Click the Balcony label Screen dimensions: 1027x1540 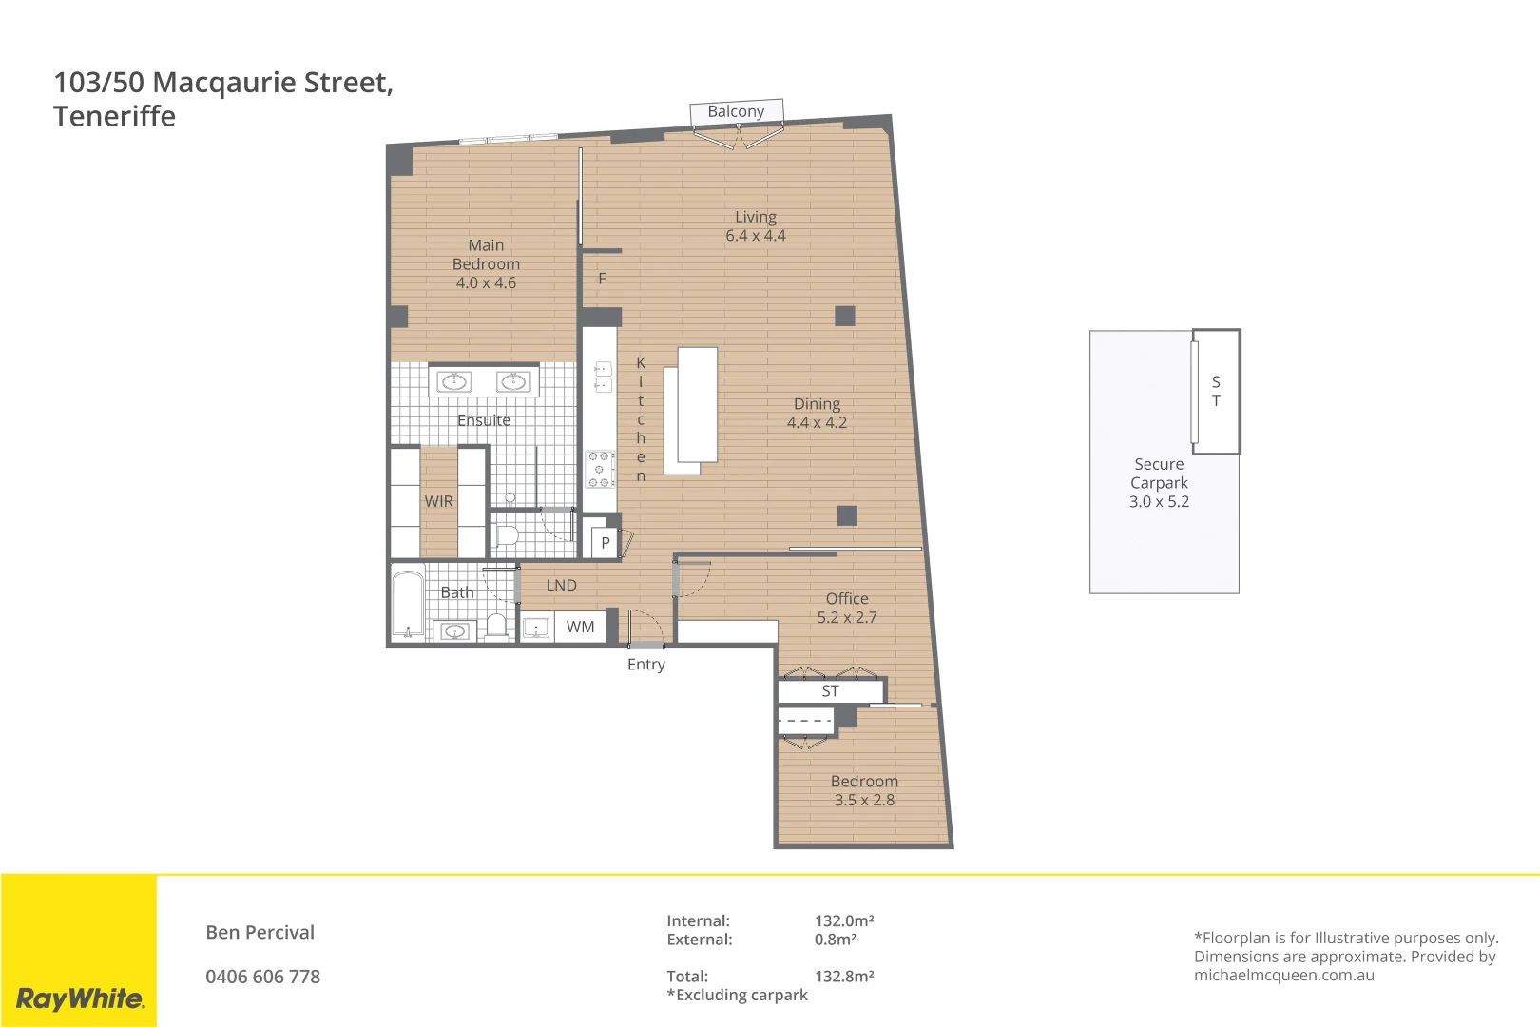coord(736,111)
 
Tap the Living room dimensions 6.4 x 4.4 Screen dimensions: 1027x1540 coord(756,236)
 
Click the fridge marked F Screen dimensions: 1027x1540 coord(602,279)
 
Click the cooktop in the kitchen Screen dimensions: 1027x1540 coord(599,469)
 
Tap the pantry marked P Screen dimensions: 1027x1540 coord(605,543)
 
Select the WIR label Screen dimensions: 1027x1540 coord(438,501)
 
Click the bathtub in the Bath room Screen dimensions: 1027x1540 coord(409,603)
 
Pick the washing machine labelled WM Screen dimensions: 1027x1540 coord(580,627)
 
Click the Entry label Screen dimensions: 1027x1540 coord(645,665)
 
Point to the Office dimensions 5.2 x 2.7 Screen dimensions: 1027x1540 coord(847,617)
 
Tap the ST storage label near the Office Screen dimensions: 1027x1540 coord(830,691)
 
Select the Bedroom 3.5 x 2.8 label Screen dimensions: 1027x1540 coord(864,790)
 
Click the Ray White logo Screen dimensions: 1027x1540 coord(80,998)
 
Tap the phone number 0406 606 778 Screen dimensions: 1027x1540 coord(262,977)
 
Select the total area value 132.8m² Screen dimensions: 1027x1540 coord(844,976)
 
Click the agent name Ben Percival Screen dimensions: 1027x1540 coord(260,932)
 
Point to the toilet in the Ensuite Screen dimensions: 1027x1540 coord(506,534)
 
